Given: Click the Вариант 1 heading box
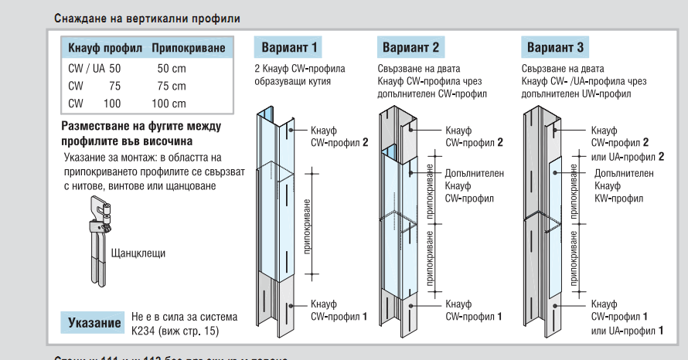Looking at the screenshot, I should click(x=288, y=48).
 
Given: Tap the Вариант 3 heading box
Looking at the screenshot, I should click(x=556, y=48).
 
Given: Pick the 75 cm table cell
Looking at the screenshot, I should click(x=172, y=86).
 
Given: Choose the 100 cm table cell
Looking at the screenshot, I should click(x=169, y=104).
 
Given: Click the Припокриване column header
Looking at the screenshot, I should click(x=189, y=49).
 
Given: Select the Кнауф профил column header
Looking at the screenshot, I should click(x=105, y=49).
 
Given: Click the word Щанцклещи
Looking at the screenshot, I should click(x=138, y=253).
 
